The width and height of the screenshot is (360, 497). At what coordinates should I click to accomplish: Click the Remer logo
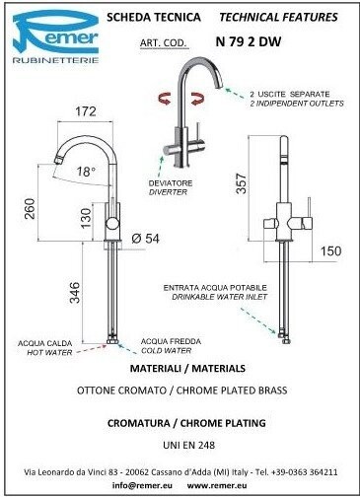pyautogui.click(x=55, y=36)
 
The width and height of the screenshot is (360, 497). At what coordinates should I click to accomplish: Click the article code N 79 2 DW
pyautogui.click(x=249, y=41)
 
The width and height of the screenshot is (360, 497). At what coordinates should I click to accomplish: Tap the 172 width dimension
pyautogui.click(x=86, y=111)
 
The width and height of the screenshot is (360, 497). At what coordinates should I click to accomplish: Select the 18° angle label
pyautogui.click(x=86, y=172)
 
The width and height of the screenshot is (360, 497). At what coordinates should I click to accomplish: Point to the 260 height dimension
pyautogui.click(x=30, y=208)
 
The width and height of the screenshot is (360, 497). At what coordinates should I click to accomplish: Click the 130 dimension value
pyautogui.click(x=85, y=218)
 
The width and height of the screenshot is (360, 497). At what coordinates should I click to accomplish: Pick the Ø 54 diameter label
pyautogui.click(x=145, y=239)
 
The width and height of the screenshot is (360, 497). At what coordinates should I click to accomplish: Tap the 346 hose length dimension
pyautogui.click(x=74, y=293)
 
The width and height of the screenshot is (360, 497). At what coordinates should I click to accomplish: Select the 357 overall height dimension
pyautogui.click(x=241, y=183)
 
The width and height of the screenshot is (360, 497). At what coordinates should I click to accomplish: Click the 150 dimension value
pyautogui.click(x=331, y=251)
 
